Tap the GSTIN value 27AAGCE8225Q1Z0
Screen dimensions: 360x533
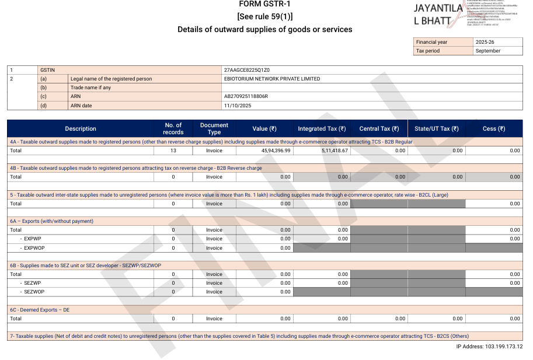point(246,70)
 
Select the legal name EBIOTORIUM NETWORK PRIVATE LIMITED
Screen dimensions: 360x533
point(271,79)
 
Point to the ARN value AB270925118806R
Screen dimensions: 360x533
point(246,96)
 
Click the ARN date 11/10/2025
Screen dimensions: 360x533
point(237,106)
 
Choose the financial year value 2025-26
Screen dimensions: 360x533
point(485,42)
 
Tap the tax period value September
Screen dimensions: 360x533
point(488,51)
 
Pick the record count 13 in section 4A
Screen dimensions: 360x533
point(173,151)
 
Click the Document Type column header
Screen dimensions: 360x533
point(214,128)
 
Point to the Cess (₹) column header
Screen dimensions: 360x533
point(494,128)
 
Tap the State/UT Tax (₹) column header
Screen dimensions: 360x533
point(437,128)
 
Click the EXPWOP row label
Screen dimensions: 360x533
point(34,248)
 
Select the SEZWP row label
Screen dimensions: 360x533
point(32,283)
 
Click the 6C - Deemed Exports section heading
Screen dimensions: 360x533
point(40,310)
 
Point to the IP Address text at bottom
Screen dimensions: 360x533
point(489,347)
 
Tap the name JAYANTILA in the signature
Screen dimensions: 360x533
point(438,9)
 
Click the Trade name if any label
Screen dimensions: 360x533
point(90,88)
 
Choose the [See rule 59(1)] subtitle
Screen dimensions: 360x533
point(264,16)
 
